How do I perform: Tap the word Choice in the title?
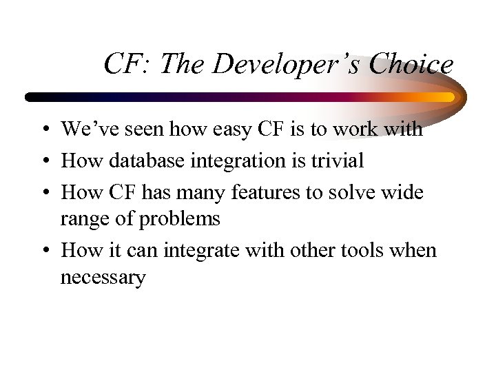pyautogui.click(x=411, y=65)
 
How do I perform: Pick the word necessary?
pyautogui.click(x=103, y=279)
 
